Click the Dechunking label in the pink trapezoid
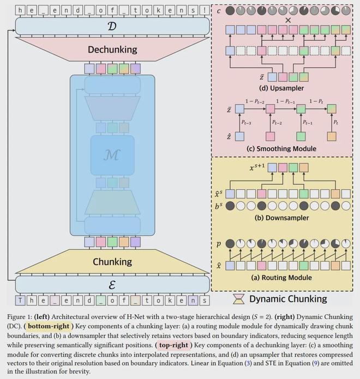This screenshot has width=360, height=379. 112,50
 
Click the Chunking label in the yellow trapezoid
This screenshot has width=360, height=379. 112,262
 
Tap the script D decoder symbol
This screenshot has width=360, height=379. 112,26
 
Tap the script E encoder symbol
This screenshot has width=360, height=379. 112,285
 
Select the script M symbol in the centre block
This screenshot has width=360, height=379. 112,155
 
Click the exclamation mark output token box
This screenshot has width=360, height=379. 205,10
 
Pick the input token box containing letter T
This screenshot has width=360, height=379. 20,300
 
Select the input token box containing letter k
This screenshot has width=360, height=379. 170,300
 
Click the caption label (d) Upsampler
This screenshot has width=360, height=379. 281,88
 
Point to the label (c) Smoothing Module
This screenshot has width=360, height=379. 281,148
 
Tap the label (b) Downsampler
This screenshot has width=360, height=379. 281,218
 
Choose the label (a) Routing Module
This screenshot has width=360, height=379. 281,278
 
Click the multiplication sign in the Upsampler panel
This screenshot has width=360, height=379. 288,20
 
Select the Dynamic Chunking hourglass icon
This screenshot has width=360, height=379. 239,299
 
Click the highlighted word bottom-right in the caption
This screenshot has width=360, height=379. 49,326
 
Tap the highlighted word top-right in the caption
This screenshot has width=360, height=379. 173,345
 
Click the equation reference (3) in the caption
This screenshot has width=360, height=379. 248,363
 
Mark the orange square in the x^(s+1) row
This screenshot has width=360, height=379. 304,167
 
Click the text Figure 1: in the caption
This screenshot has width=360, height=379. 20,317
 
